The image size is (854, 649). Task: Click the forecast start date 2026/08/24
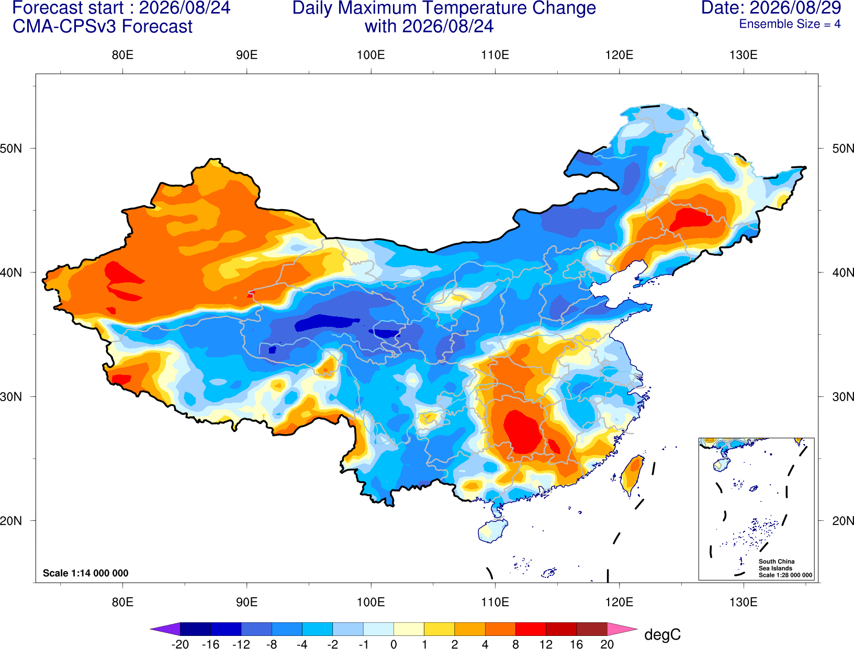coord(184,8)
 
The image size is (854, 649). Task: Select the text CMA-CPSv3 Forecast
coord(103,27)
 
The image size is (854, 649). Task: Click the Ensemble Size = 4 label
coord(790,24)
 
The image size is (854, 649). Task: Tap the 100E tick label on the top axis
coord(371,55)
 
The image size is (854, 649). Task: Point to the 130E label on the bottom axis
coord(744,602)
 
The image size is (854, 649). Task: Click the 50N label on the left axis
coord(11,149)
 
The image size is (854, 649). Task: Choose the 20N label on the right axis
coord(843,521)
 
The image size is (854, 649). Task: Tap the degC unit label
coord(662,635)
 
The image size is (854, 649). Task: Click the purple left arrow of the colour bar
coord(165,629)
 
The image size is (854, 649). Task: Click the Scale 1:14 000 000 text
coord(86,573)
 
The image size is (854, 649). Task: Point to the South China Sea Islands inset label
coord(785,568)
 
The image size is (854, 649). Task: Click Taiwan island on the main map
coord(632,475)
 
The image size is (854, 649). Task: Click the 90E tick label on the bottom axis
coord(246,602)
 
